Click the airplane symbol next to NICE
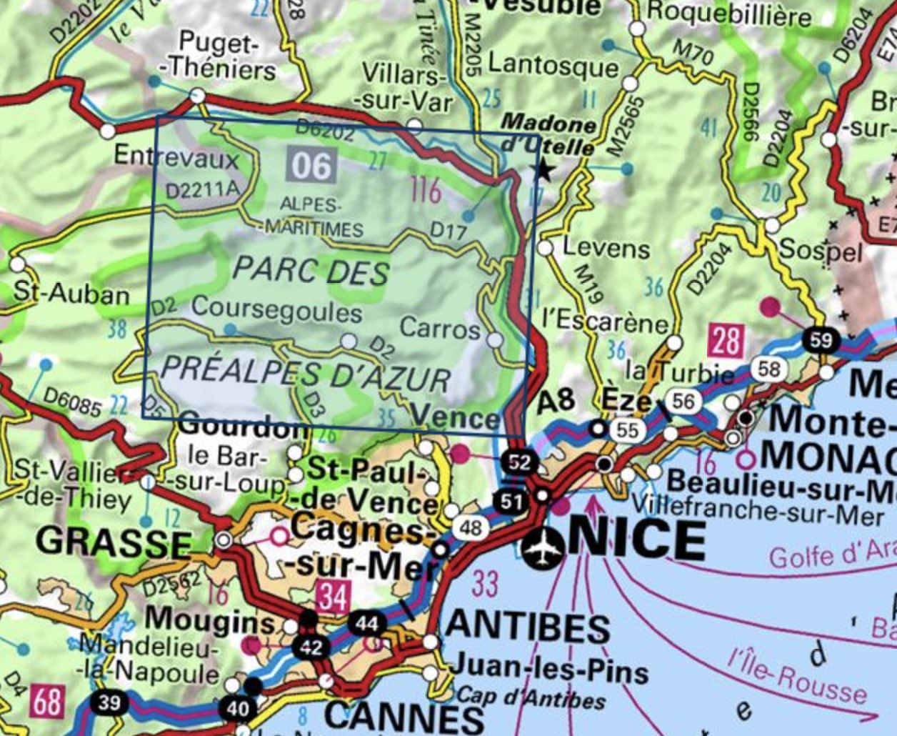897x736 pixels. click(542, 548)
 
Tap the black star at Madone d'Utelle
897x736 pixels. click(544, 170)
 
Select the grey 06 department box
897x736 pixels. click(311, 165)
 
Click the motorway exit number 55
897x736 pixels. click(627, 429)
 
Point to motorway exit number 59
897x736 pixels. click(821, 339)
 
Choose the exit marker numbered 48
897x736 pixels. click(471, 528)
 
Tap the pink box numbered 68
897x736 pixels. click(47, 701)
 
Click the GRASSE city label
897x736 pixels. click(114, 541)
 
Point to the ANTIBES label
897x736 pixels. click(527, 627)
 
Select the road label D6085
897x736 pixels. click(72, 402)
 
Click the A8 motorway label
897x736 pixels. click(556, 399)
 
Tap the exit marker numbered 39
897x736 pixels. click(109, 702)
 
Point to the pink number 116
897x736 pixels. click(426, 191)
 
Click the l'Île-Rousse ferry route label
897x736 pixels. click(796, 675)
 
